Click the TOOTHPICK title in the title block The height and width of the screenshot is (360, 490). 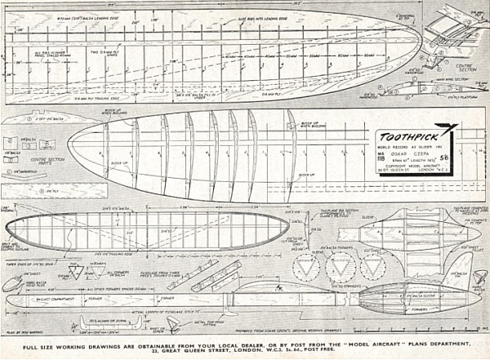[x=408, y=136]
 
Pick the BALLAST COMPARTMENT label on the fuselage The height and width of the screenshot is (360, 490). [x=49, y=297]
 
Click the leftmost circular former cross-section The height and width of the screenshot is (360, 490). [x=308, y=265]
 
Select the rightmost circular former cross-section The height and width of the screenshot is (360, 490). [x=373, y=265]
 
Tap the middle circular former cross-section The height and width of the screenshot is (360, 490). [x=341, y=265]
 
